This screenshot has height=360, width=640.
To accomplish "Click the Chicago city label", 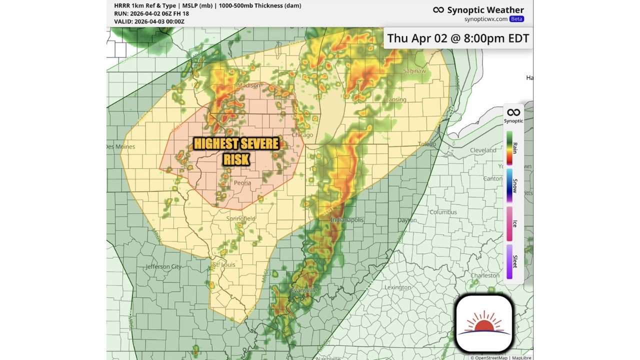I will (302, 135).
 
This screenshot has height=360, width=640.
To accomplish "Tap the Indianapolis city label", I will (347, 220).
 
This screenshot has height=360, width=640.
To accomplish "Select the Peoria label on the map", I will (242, 183).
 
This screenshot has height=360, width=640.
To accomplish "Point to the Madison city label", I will (248, 85).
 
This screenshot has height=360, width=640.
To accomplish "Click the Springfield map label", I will (240, 218).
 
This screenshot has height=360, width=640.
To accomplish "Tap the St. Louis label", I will (224, 264).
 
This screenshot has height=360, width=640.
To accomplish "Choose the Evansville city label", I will (304, 290).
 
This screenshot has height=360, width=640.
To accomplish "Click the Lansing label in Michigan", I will (395, 100).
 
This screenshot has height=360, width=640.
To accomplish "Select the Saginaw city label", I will (414, 71).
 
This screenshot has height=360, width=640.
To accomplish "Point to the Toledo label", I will (427, 144).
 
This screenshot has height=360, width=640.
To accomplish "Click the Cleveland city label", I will (483, 150).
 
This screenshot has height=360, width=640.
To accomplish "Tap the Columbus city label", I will (443, 212).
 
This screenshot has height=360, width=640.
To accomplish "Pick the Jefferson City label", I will (163, 267).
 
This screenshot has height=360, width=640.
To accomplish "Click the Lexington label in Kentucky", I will (397, 287).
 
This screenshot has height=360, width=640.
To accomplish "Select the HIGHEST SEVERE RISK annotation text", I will (236, 151).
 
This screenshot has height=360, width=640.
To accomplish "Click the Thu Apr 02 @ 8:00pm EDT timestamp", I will (458, 38).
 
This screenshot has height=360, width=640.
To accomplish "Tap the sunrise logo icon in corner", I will (484, 323).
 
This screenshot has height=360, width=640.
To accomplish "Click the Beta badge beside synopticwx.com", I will (516, 19).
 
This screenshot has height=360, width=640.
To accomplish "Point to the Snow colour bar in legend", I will (509, 185).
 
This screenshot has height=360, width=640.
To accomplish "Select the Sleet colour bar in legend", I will (509, 261).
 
